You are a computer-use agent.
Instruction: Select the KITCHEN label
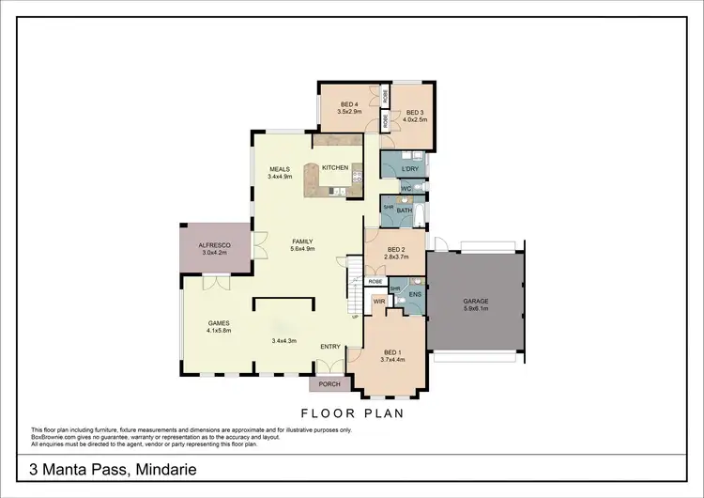[335, 167]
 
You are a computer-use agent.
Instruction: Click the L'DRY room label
[409, 168]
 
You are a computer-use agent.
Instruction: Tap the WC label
[406, 189]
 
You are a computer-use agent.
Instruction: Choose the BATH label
[405, 210]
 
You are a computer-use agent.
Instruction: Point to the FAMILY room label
[301, 241]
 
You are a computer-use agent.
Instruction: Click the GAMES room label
[220, 323]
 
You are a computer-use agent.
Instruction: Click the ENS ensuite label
[414, 294]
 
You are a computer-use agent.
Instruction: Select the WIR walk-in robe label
[379, 302]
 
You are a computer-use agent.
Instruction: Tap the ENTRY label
[330, 347]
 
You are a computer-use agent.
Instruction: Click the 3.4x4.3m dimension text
[284, 340]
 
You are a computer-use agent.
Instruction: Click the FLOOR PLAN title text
[352, 412]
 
